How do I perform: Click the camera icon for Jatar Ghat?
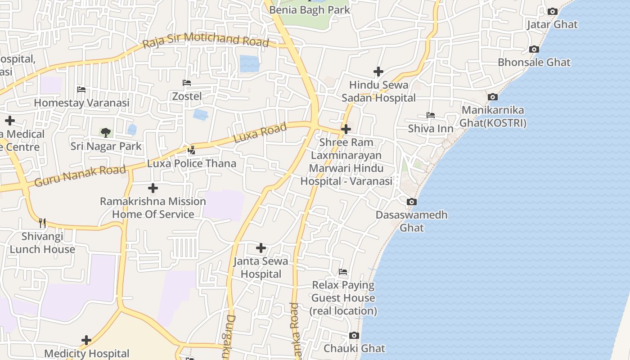point(552,12)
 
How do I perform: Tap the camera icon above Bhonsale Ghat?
point(534,49)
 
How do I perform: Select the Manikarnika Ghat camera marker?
point(493,97)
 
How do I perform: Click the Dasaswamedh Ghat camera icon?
point(412,202)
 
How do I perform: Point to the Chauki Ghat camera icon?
point(354,335)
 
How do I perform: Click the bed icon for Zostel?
point(187,83)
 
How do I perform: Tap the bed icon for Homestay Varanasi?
point(81,90)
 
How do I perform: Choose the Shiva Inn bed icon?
point(431,115)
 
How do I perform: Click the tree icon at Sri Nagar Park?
point(106,132)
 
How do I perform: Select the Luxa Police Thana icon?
point(192,150)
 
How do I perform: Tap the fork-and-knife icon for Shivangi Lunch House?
point(42,223)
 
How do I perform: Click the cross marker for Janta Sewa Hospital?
point(261,248)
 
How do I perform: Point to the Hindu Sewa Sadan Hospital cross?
point(378,72)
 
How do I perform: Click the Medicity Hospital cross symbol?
point(86,340)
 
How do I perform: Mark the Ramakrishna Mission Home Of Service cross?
point(153,188)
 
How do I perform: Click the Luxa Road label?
point(260,133)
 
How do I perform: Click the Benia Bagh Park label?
point(310,9)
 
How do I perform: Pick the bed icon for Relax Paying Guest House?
point(343,272)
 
